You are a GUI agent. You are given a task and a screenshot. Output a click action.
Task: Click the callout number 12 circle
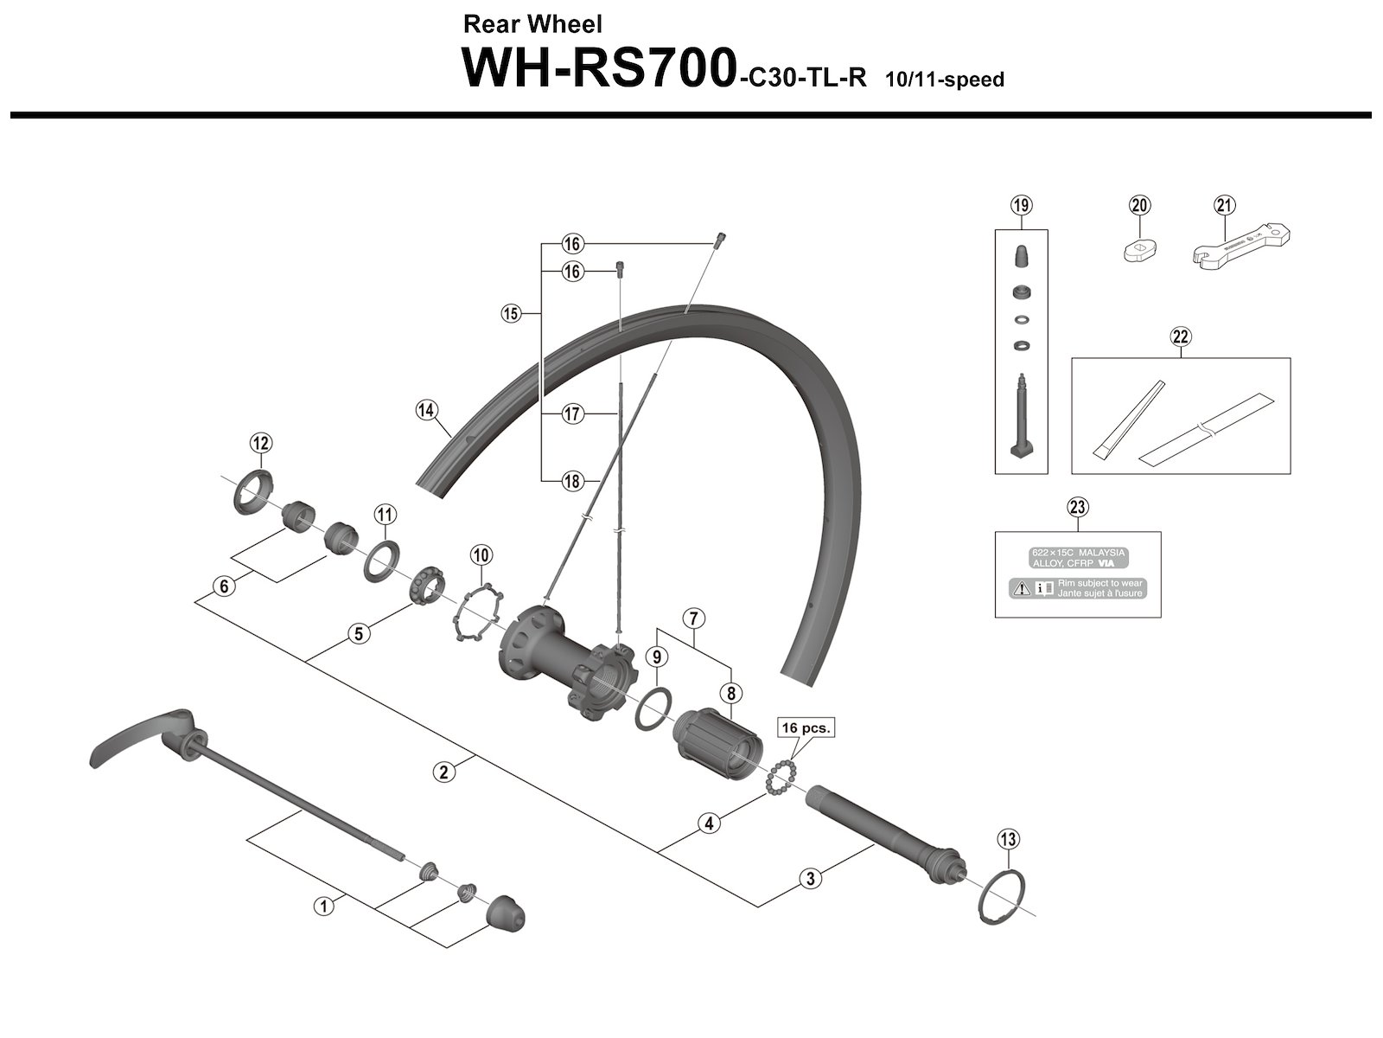tap(260, 444)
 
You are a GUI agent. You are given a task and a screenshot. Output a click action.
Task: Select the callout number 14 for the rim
tap(426, 410)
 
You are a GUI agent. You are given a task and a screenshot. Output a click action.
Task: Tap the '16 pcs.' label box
tap(806, 728)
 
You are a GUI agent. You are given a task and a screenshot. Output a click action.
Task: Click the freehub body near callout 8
tap(714, 740)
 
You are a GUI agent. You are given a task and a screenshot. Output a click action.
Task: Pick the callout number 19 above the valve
tap(1021, 205)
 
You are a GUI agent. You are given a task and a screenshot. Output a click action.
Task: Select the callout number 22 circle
tap(1181, 336)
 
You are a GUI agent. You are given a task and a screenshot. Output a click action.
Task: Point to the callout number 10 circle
tap(481, 554)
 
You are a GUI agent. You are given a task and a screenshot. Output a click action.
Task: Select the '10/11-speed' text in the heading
tap(944, 80)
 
